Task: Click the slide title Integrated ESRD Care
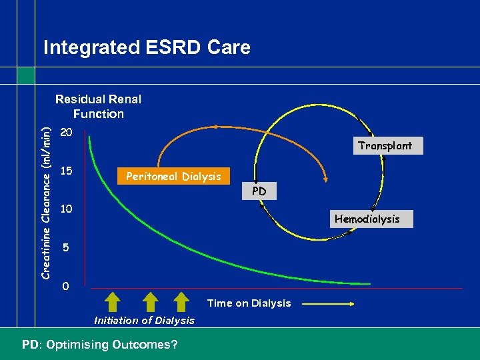tap(147, 48)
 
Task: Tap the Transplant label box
tap(384, 145)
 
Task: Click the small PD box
tap(259, 191)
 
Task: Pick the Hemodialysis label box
tap(367, 219)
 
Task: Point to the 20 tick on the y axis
tap(66, 132)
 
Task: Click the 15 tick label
tap(66, 171)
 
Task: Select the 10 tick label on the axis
tap(66, 209)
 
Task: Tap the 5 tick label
tap(66, 248)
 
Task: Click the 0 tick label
tap(65, 287)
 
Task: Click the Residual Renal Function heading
tap(98, 107)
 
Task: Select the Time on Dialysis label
tap(249, 303)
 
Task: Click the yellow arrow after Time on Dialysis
tap(329, 304)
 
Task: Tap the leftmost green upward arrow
tap(112, 302)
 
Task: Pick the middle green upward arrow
tap(147, 302)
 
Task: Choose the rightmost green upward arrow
tap(181, 302)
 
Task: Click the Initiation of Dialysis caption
tap(144, 321)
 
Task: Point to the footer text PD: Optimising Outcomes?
tap(99, 345)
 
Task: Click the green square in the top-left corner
tap(26, 75)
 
